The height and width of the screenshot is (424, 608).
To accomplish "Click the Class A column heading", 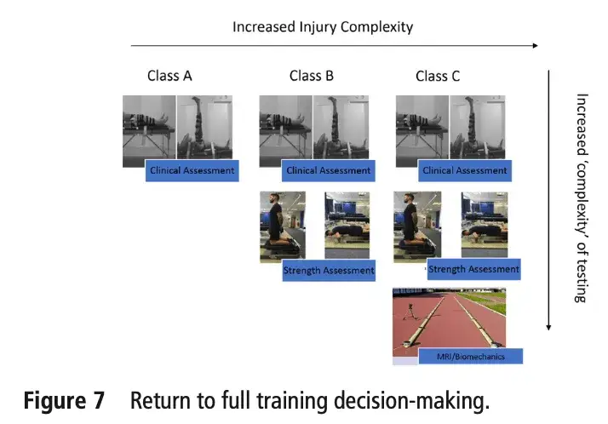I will click(x=169, y=76).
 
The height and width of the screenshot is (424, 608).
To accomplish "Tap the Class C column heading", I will click(x=438, y=76).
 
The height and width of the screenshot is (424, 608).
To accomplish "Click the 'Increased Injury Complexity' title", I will click(x=323, y=26).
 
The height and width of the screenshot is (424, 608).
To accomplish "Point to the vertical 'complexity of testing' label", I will click(x=582, y=198).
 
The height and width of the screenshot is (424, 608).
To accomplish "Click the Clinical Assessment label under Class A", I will click(x=192, y=170).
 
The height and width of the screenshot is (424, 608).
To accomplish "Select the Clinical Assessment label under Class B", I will click(x=329, y=170).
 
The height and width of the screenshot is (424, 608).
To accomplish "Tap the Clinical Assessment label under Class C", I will click(x=465, y=170).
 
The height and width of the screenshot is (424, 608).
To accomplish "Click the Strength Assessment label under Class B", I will click(x=329, y=271).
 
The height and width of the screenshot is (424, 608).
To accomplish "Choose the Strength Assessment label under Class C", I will click(x=473, y=269).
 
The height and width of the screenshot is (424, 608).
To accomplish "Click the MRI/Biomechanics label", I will click(x=471, y=356).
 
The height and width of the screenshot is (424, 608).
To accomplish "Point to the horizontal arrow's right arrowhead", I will click(x=535, y=45).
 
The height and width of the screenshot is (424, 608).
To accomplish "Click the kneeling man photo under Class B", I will click(x=282, y=225).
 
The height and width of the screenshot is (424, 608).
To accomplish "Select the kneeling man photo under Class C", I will click(x=416, y=225).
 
